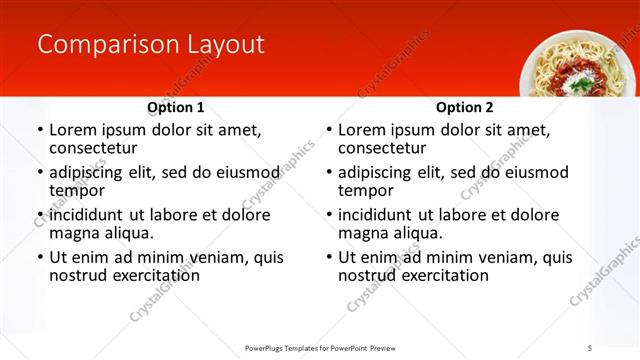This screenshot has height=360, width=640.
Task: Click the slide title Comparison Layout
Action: click(150, 45)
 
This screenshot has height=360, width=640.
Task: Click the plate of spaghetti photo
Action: click(575, 65)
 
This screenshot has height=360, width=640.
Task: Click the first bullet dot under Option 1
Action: click(39, 131)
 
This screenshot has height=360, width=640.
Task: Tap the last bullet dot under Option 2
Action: click(328, 258)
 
